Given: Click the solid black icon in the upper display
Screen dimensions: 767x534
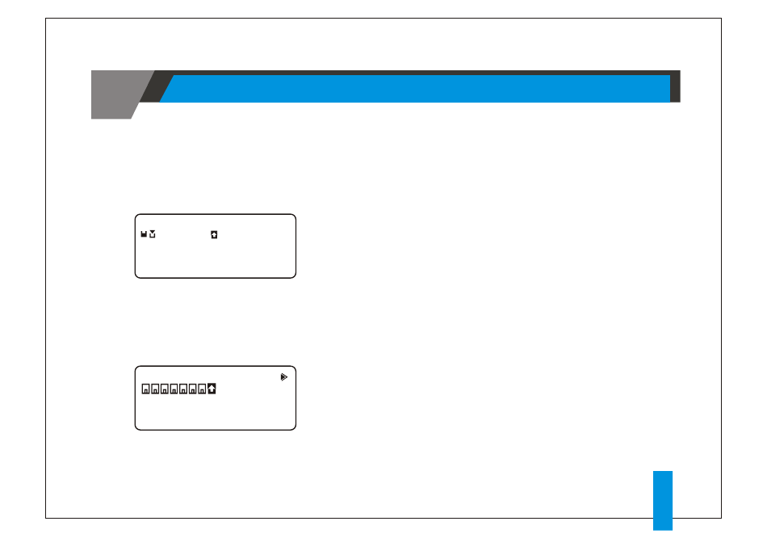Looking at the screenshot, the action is coord(144,234).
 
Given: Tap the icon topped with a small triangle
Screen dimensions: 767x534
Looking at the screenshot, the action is coord(152,234).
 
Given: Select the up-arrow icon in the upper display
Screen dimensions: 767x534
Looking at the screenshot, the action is coord(214,234).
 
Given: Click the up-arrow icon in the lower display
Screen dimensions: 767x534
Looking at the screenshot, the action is coord(212,389).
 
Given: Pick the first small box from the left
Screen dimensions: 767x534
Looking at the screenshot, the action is coord(146,389).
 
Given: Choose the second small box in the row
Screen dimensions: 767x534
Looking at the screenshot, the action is coord(156,389).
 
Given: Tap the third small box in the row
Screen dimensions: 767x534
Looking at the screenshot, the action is coord(165,389).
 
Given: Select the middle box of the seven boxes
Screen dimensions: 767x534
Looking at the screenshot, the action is coord(174,389).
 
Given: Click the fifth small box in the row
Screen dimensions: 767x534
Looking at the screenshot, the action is coord(183,389).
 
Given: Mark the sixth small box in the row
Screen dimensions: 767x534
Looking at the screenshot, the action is coord(193,389).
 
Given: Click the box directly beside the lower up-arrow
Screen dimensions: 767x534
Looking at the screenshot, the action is coord(202,389).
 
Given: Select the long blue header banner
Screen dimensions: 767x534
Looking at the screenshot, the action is coord(416,89).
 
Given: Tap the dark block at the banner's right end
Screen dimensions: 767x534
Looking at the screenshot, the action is coord(675,86).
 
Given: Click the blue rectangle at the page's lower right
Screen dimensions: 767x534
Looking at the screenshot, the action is coord(662,501).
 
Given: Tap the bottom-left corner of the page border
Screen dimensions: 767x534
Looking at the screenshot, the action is coord(46,518).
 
